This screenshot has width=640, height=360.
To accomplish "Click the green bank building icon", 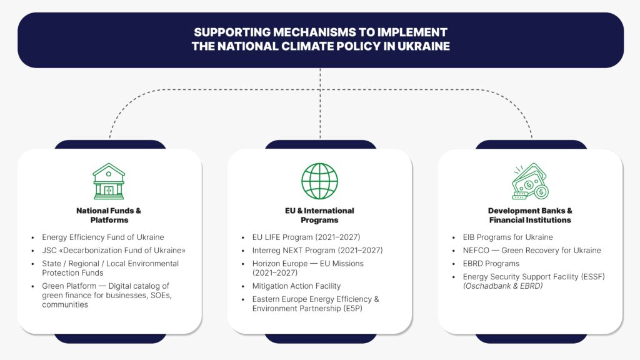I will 109,181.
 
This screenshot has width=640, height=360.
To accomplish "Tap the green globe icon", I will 319,181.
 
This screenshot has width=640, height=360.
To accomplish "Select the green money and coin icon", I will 529,181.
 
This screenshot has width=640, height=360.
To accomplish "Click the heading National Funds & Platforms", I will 109,215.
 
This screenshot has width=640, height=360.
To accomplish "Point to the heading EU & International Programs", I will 319,215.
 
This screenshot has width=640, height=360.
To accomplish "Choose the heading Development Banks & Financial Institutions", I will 530,215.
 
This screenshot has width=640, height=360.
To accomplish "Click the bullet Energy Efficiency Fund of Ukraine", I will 103,237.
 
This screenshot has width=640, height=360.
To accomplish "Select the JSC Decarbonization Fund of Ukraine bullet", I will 114,250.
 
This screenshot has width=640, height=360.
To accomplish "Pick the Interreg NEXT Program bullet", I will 317,250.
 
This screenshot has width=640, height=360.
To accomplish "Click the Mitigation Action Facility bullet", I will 296,286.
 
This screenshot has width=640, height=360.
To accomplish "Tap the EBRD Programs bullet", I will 491,264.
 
